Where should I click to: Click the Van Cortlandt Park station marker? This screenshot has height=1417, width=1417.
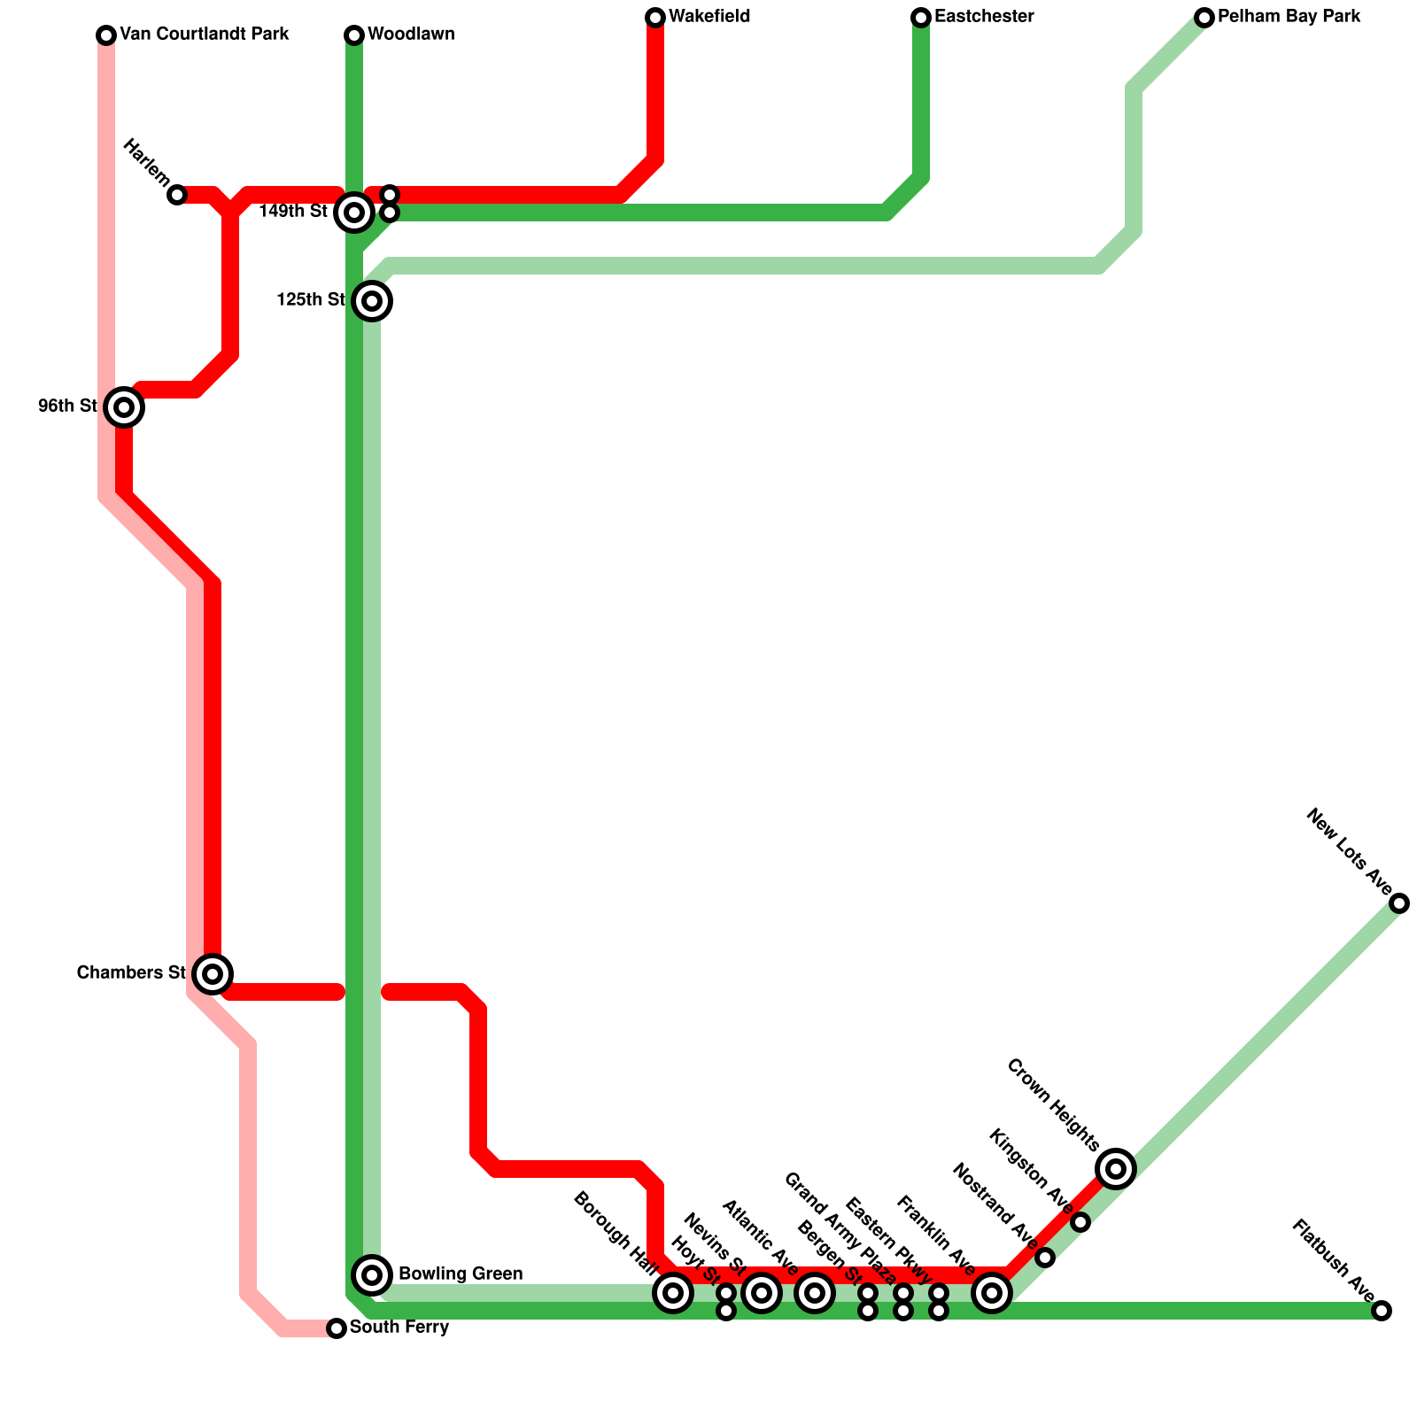106,35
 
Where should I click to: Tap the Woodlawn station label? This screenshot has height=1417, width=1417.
411,35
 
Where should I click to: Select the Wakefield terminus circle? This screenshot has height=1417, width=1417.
655,18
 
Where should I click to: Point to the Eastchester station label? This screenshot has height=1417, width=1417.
984,17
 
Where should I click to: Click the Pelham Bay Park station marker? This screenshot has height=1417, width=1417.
1204,18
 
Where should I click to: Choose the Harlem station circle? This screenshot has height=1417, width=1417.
177,195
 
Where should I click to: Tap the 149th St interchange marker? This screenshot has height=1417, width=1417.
354,213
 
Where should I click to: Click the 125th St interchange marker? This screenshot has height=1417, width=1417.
372,301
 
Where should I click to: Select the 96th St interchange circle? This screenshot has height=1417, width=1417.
124,407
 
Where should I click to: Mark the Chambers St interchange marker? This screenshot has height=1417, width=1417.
213,974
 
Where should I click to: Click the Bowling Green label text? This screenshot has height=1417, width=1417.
461,1274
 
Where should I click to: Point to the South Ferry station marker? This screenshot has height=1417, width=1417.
337,1328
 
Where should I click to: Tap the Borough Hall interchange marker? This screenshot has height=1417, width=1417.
673,1293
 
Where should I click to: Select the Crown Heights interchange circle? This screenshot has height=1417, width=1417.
1116,1169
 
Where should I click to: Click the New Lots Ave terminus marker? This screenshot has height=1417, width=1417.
1399,903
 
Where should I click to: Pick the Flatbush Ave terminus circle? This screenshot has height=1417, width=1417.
1382,1311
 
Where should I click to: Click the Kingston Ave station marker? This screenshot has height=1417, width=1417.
1080,1222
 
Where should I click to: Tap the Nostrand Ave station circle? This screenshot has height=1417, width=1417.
1045,1258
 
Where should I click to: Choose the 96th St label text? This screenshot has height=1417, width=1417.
67,407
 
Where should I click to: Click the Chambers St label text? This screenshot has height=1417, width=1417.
131,973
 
